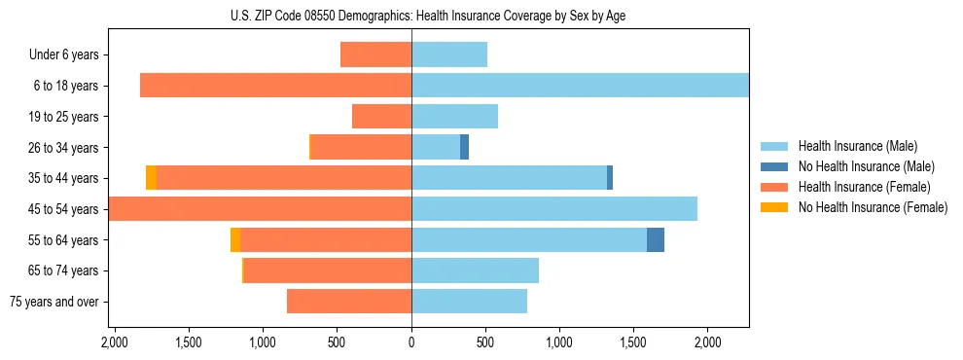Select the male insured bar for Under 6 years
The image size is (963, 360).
point(449,54)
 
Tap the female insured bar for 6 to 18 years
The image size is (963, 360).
point(275,86)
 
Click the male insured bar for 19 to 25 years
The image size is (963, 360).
point(454,117)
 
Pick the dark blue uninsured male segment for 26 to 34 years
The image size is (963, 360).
point(465,147)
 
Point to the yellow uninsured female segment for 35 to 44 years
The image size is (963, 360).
point(151,178)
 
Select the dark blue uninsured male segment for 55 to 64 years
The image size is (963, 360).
point(656,239)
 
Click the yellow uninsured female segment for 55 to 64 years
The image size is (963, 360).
point(235,239)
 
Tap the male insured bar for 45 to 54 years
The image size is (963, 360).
point(554,209)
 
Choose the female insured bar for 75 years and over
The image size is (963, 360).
point(349,302)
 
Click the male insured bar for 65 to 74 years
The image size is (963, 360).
point(475,270)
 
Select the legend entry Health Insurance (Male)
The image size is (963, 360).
point(857,146)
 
